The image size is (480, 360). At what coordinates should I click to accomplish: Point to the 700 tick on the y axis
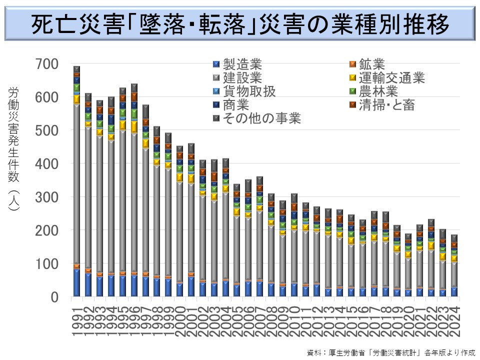coord(47,64)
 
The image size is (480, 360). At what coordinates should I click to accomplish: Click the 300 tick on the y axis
coord(47,197)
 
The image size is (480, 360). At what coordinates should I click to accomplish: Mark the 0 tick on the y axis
coord(54,297)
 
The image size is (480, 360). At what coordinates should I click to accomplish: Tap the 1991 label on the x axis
coord(76,322)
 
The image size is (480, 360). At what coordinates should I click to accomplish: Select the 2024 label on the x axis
coord(454,322)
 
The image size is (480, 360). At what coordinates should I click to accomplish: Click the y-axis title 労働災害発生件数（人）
coord(13,150)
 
